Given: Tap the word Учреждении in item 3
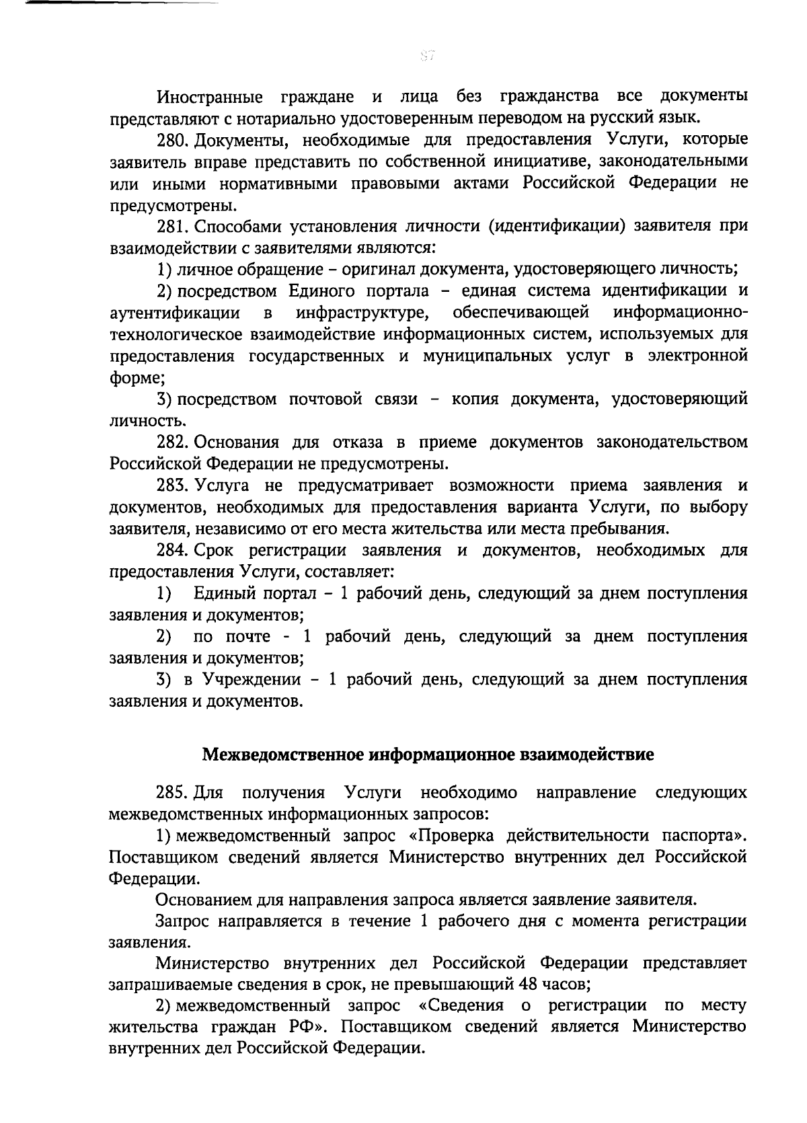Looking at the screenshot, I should coord(252,680).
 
